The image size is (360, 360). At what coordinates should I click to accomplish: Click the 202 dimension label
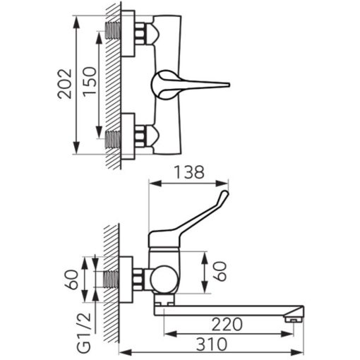(64, 84)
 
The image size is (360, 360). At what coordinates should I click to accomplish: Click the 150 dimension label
(90, 81)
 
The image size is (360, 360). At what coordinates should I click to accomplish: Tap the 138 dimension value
(189, 172)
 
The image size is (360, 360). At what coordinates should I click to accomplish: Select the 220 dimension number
(227, 324)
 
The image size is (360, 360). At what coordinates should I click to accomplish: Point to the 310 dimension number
(212, 344)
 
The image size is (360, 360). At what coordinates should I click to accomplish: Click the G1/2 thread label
(84, 332)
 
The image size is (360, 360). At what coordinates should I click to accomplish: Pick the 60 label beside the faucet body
(220, 271)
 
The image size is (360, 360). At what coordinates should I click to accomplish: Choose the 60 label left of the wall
(71, 280)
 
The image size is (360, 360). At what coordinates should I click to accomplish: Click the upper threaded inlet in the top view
(113, 30)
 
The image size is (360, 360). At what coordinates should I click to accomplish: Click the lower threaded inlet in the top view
(113, 139)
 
